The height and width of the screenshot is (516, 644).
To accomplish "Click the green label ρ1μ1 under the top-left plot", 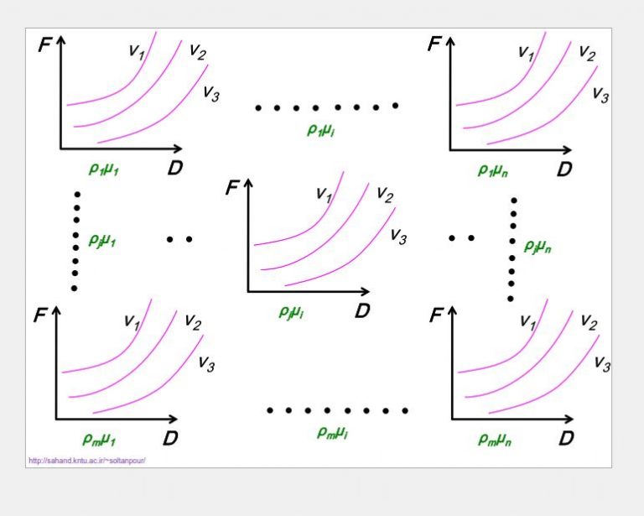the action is [103, 169].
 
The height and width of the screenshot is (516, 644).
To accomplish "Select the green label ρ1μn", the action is [493, 169].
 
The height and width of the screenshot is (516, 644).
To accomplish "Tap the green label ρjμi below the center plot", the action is [291, 313].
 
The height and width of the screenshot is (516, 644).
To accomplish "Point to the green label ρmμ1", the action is [99, 440].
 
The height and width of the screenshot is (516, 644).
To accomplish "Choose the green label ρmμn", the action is [495, 440].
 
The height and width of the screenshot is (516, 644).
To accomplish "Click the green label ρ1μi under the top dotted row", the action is [321, 130].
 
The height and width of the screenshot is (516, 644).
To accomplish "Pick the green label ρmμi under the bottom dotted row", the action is [332, 432].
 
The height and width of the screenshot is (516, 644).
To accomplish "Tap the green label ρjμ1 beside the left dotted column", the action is [101, 240].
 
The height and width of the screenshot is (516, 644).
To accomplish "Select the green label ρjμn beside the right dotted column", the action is [538, 247].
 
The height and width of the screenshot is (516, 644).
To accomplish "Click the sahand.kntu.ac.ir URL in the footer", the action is [87, 460].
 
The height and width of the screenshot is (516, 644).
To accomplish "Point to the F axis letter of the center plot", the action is [232, 188].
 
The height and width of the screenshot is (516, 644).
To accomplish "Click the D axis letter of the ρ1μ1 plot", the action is [175, 168].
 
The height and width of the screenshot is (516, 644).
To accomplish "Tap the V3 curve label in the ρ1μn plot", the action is [600, 95].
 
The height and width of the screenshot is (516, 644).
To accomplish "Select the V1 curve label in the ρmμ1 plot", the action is [132, 321].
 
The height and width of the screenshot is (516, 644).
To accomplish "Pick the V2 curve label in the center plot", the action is [385, 195].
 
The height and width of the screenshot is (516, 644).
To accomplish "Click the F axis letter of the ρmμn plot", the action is [436, 315].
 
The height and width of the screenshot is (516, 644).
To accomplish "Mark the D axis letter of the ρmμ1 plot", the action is [170, 438].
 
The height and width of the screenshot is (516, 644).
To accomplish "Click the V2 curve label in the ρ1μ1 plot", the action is [198, 52].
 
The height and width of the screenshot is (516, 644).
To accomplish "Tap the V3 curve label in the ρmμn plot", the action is [603, 364].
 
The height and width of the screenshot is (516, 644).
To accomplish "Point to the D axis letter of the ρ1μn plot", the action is [564, 169].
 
